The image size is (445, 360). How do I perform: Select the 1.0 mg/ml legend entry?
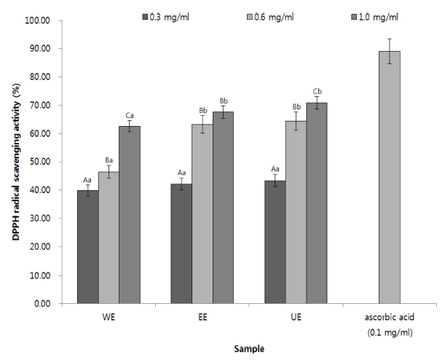click(342, 14)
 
